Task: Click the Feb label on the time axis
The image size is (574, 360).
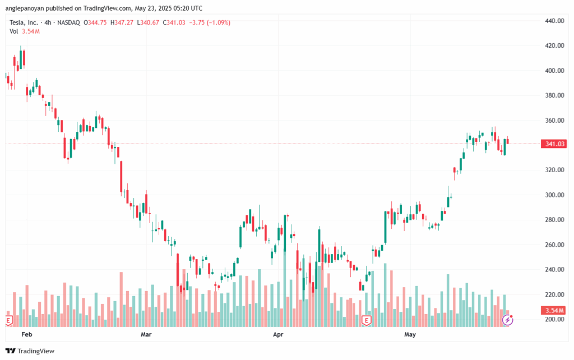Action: point(26,335)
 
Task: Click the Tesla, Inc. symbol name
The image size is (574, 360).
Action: point(25,22)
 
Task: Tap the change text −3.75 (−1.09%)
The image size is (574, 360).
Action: point(210,22)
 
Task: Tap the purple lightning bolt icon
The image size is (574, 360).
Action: point(507,320)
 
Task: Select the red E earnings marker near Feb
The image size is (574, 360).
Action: point(8,320)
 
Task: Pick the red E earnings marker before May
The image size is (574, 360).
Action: point(367,320)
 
